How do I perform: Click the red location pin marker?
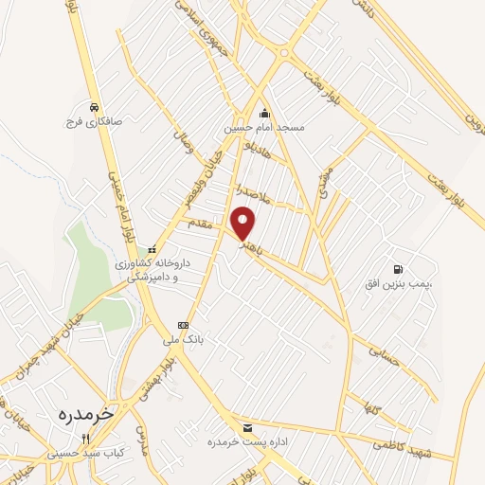coord(245,222)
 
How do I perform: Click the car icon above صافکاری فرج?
coord(94,107)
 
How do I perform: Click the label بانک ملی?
coord(200,337)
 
